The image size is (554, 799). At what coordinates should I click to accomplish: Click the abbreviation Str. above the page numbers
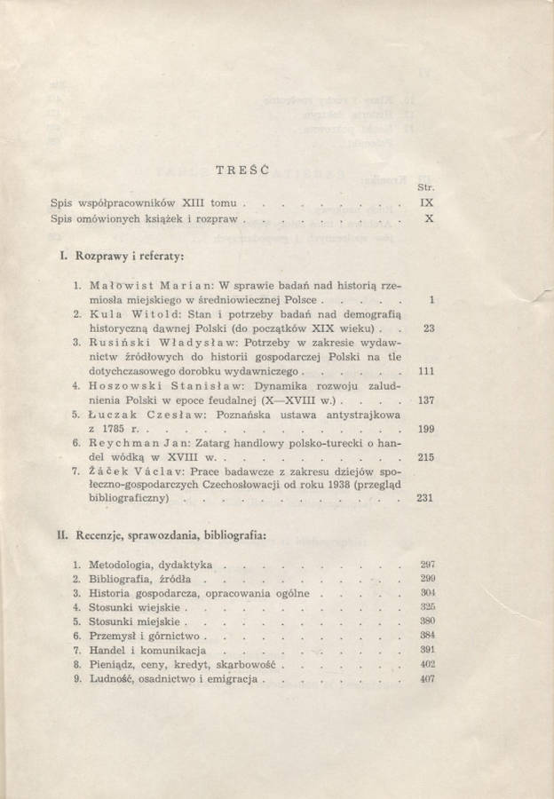[x=423, y=186]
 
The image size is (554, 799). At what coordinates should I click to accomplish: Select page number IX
[x=426, y=202]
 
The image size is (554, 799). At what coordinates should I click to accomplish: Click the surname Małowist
[x=124, y=286]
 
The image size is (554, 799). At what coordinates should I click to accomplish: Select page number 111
[x=424, y=371]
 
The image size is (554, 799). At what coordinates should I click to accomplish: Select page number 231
[x=423, y=499]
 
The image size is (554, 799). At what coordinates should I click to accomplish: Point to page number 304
[x=426, y=592]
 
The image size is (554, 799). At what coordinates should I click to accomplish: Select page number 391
[x=426, y=650]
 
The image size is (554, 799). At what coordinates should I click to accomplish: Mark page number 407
[x=426, y=679]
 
